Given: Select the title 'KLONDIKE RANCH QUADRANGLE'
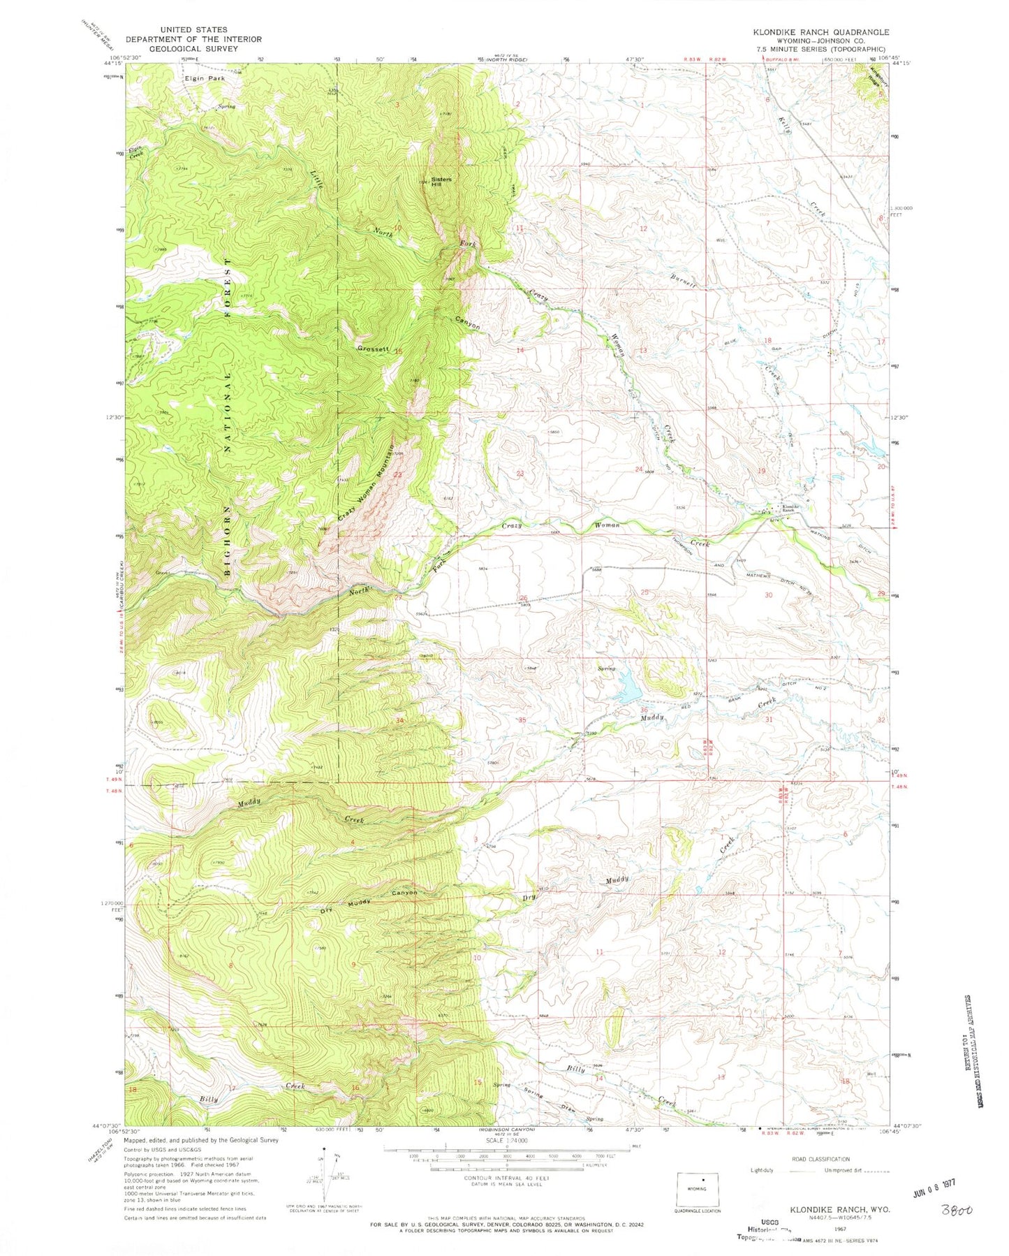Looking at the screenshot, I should pos(820,32).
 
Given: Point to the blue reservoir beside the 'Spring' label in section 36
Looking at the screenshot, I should pos(627,688).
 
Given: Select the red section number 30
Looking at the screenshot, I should pos(768,594).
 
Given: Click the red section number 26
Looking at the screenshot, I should pos(524,597).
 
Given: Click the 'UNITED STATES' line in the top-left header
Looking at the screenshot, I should pos(192,31).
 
